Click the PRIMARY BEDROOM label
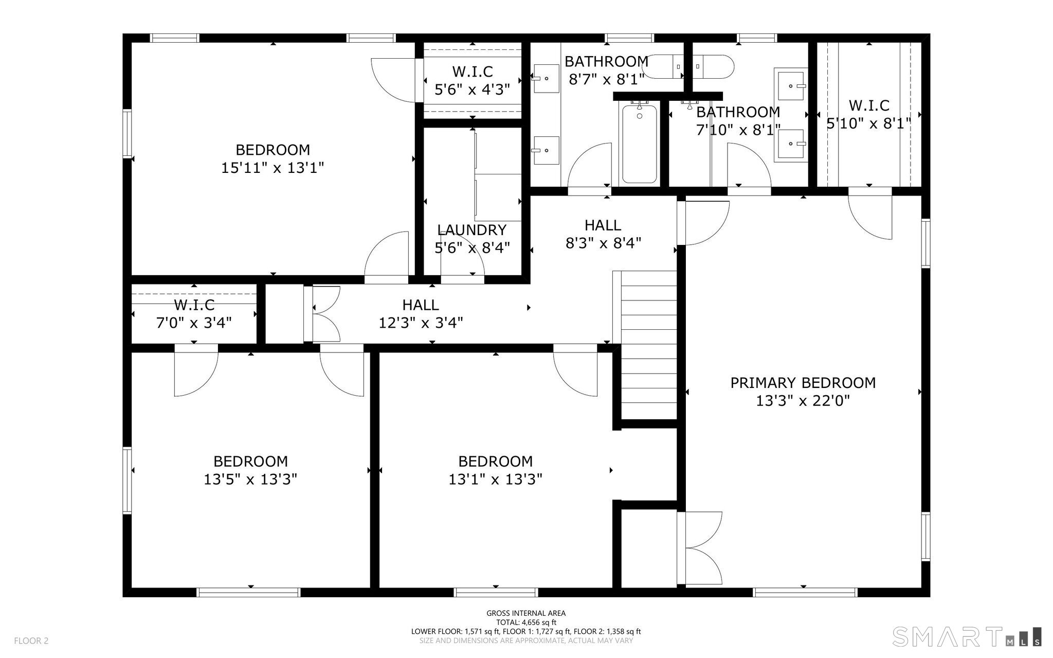[803, 383]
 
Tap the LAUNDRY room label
[472, 230]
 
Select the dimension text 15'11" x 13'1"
[273, 168]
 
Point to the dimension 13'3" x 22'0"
[803, 401]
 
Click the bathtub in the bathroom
[640, 143]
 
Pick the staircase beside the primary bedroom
[649, 345]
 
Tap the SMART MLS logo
[967, 636]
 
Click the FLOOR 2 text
[31, 641]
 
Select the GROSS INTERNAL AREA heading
[526, 613]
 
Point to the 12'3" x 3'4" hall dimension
[421, 323]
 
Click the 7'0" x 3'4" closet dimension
[194, 323]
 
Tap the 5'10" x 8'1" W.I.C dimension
[869, 123]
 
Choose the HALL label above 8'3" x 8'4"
[603, 225]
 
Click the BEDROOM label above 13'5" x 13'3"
[250, 461]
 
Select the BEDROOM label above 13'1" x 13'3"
[496, 461]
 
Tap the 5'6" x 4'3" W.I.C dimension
[472, 90]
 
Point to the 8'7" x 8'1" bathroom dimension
[606, 80]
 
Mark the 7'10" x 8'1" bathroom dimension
[738, 130]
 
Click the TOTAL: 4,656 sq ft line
[526, 622]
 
